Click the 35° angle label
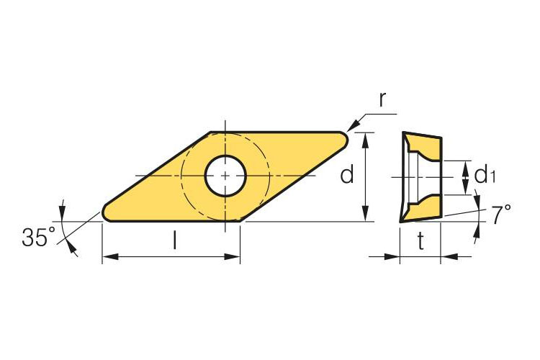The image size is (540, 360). pos(38,237)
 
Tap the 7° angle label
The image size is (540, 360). pos(500,214)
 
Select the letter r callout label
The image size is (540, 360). pos(382,99)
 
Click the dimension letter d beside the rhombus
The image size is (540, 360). pos(347,174)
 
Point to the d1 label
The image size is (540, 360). pos(485,174)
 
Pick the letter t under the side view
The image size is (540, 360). pos(421,240)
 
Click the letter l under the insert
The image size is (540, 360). pos(175,240)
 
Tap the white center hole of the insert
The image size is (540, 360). pos(225,176)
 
